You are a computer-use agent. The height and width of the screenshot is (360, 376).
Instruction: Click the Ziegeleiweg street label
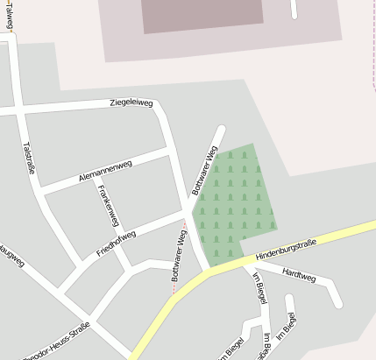(131, 102)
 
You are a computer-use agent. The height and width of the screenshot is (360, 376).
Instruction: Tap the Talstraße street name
(28, 158)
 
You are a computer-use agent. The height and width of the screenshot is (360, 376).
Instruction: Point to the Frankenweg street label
(109, 205)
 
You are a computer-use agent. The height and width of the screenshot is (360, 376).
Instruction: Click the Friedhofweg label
(116, 244)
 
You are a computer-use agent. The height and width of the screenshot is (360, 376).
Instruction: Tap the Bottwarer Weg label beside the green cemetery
(203, 169)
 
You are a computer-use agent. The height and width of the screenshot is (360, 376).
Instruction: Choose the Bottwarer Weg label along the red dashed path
(179, 255)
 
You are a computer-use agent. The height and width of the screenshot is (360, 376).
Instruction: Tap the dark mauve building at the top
(202, 13)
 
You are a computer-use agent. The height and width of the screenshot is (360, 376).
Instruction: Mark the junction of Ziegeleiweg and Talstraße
(17, 110)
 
